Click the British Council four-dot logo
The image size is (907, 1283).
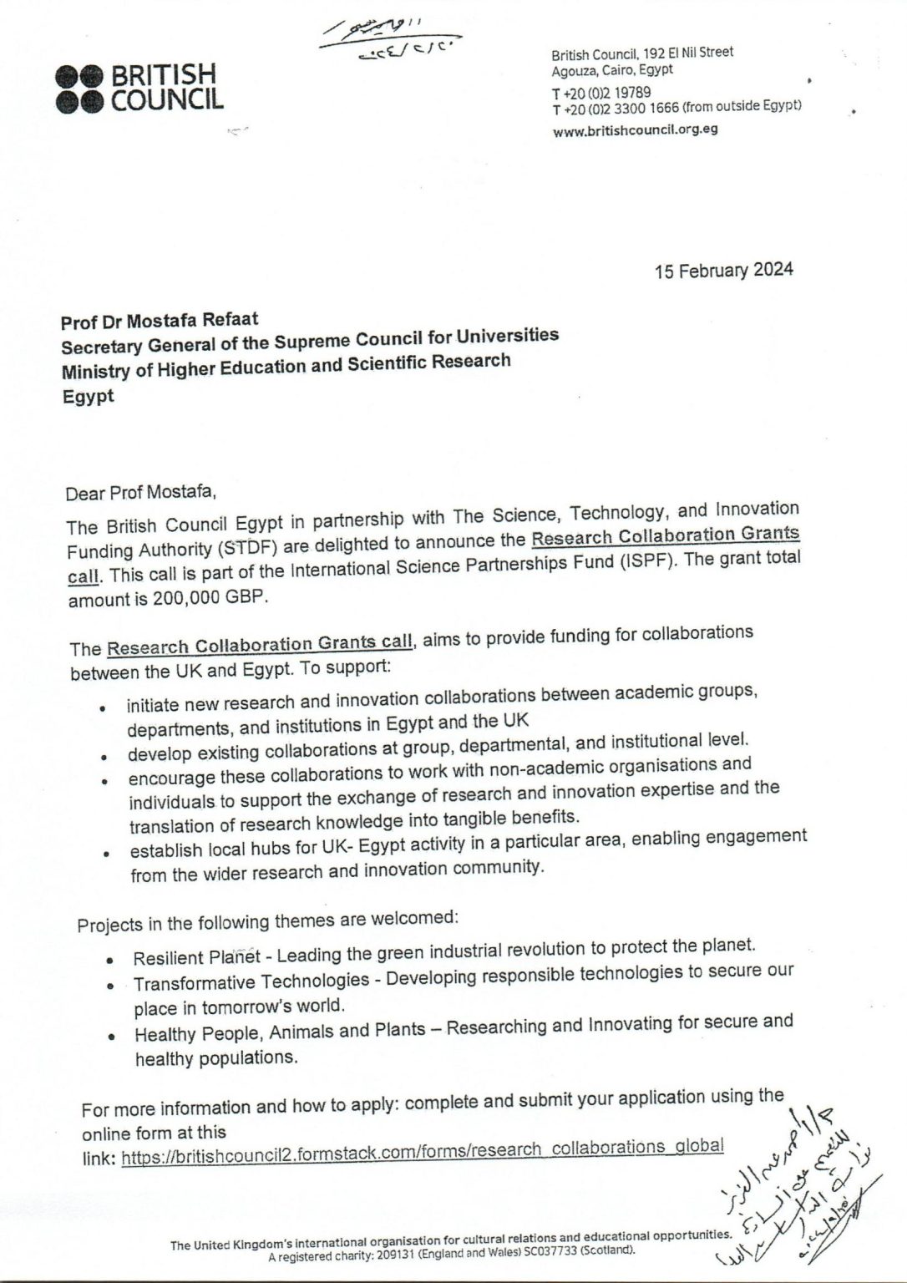[x=79, y=89]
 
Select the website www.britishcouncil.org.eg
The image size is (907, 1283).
[x=636, y=130]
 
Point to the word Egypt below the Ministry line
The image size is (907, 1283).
[x=88, y=397]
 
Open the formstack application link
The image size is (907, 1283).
[x=422, y=1151]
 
